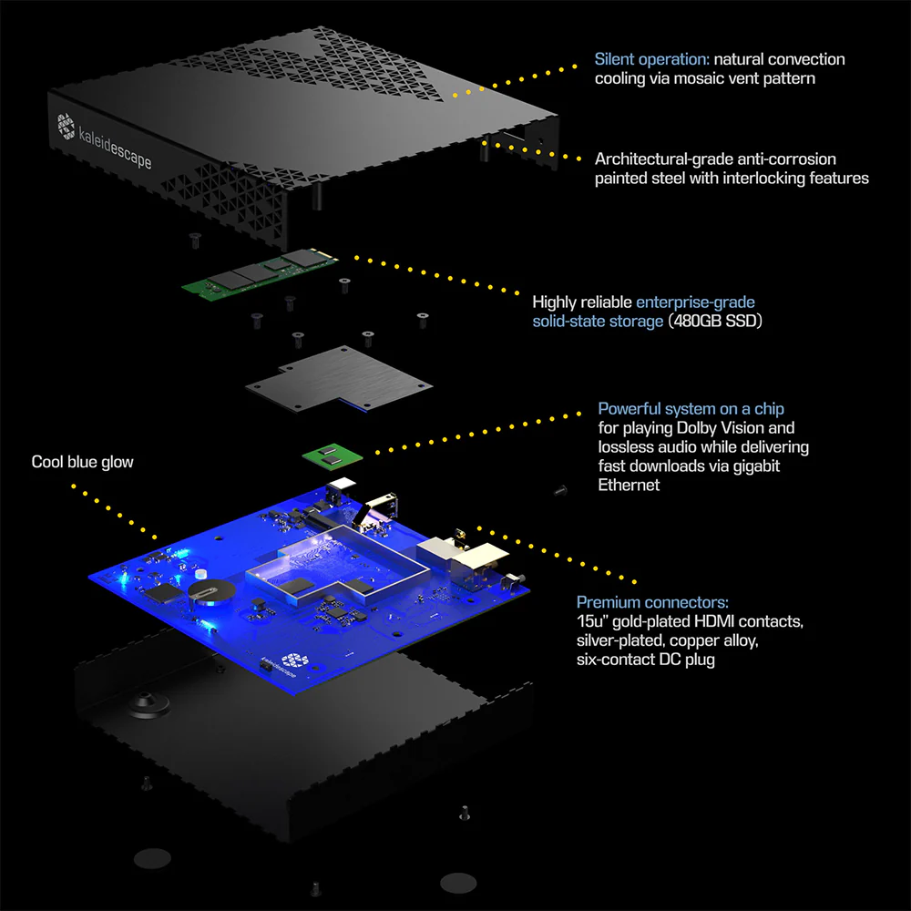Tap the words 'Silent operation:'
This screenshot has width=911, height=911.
651,59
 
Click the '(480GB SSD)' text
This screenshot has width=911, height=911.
714,321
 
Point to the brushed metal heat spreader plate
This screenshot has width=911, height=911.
339,379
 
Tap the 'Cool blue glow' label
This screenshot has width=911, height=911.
83,462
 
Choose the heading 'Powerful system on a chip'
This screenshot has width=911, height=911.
691,409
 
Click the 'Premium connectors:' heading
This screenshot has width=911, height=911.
652,602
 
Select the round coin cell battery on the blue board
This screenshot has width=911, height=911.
211,593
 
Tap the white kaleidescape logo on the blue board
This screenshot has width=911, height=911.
294,660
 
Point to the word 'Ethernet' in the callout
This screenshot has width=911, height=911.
629,486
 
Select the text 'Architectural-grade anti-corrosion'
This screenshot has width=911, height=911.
715,159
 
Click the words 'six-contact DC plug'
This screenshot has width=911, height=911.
646,660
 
